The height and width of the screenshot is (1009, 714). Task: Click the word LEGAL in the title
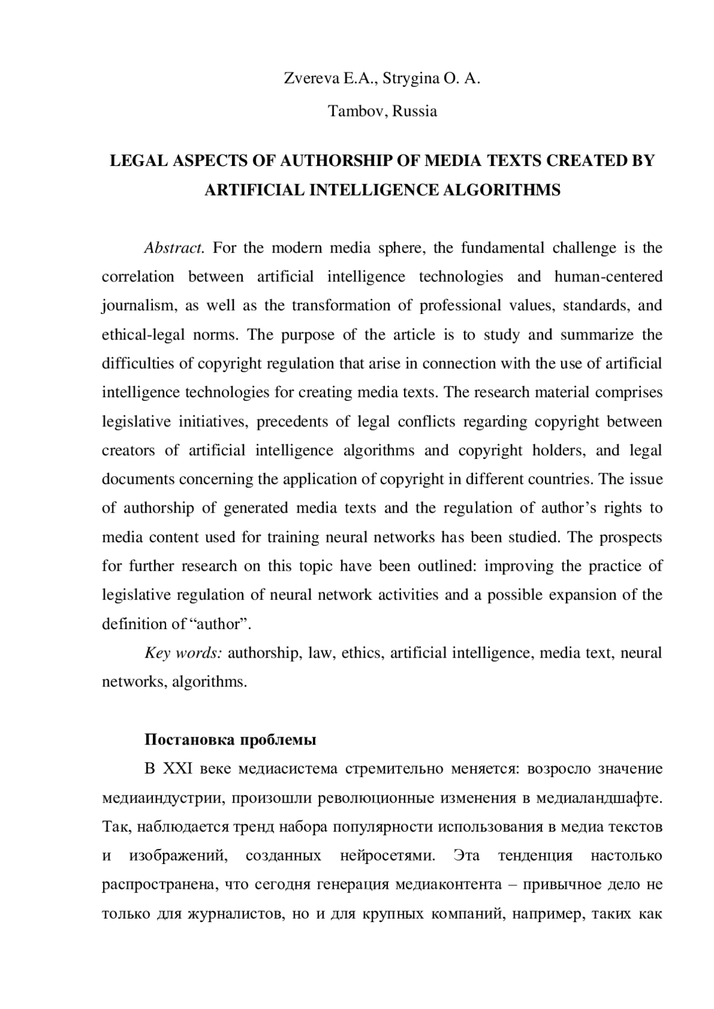pos(134,161)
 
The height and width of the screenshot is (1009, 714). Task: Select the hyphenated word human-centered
pos(608,276)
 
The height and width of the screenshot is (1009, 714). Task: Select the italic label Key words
pos(183,653)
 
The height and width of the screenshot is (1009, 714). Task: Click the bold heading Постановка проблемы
pos(230,740)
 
